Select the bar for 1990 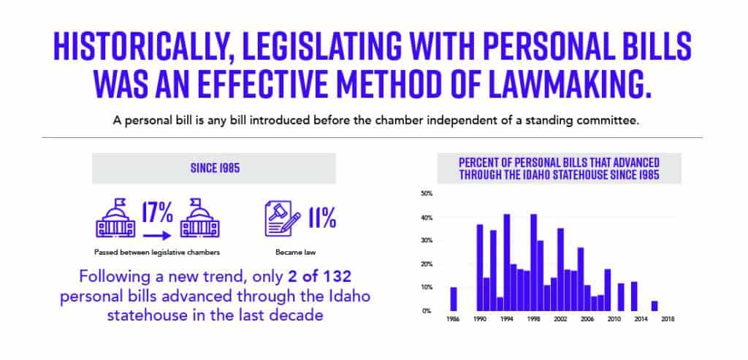coord(480,267)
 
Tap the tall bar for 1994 coord(507,262)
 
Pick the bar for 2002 coord(560,269)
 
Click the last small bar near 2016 coord(654,306)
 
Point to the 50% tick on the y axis coord(427,194)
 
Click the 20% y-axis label coord(427,264)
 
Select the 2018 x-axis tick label coord(668,320)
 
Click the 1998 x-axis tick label coord(534,320)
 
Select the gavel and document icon coord(280,218)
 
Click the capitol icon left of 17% coord(117,218)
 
